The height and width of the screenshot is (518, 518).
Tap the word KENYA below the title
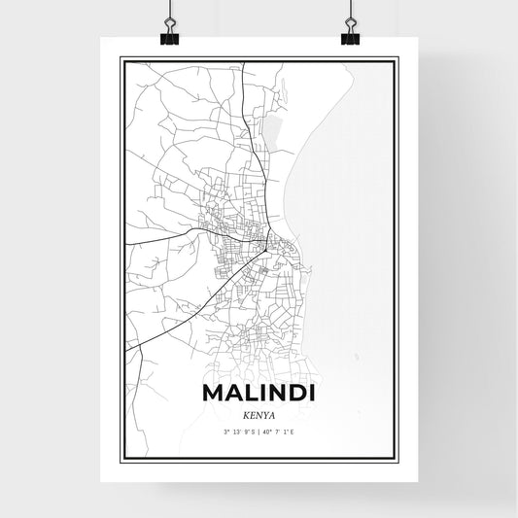point(259,413)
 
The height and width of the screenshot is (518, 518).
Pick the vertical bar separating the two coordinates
point(259,431)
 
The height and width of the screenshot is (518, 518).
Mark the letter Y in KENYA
point(265,413)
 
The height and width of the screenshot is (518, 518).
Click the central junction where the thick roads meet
point(264,251)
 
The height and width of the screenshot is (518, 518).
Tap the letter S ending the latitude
point(253,431)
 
